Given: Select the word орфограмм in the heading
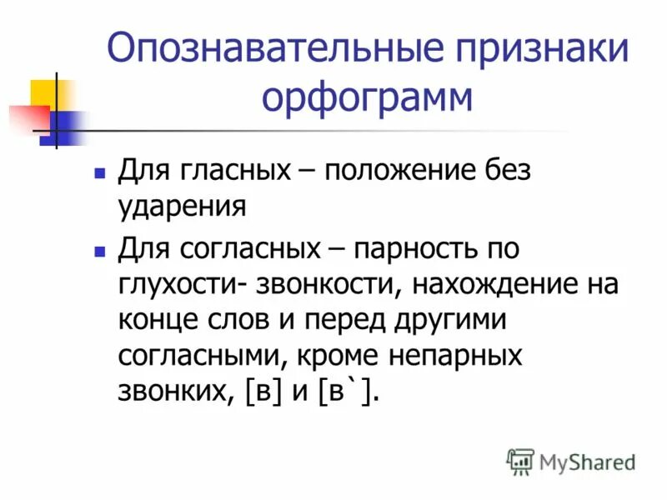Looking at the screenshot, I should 368,99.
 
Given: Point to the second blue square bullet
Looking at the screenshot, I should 99,251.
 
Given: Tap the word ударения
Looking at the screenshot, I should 181,207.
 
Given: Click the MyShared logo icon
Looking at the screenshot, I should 520,460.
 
